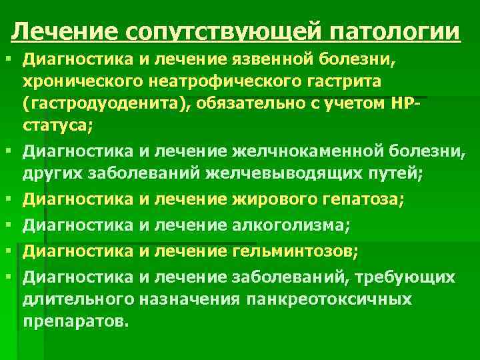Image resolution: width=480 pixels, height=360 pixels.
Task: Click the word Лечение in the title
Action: [64, 31]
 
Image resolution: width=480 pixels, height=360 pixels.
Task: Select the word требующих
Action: [413, 277]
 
